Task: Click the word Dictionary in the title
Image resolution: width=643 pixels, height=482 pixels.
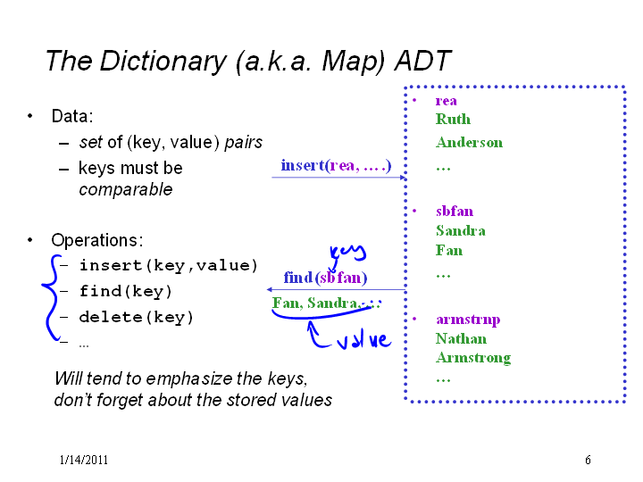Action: tap(163, 62)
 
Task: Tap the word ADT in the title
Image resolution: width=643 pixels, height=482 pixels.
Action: tap(422, 61)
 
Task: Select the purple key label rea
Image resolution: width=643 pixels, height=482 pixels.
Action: tap(446, 101)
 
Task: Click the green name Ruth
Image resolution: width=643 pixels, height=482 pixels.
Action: tap(453, 120)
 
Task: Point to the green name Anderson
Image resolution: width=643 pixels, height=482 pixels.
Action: tap(469, 143)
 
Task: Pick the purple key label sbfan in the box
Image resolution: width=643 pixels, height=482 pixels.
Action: tap(455, 211)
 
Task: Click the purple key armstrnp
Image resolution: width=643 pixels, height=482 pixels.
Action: tap(468, 320)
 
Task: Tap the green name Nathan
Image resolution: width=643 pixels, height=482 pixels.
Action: tap(461, 338)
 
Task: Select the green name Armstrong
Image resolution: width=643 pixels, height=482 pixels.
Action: tap(473, 358)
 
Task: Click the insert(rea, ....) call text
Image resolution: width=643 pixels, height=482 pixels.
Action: tap(336, 166)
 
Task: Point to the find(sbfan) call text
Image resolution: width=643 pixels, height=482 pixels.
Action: tap(325, 278)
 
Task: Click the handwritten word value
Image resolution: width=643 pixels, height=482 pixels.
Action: tap(364, 340)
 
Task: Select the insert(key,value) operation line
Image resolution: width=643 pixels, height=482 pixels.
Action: tap(168, 266)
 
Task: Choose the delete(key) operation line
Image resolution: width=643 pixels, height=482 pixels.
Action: tap(136, 317)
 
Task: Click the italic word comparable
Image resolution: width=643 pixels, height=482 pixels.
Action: tap(126, 190)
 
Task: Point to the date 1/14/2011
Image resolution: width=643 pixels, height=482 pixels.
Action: tap(84, 460)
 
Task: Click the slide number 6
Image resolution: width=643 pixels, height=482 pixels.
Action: tap(588, 460)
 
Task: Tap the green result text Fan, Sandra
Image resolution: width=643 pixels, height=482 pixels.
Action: tap(314, 303)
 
